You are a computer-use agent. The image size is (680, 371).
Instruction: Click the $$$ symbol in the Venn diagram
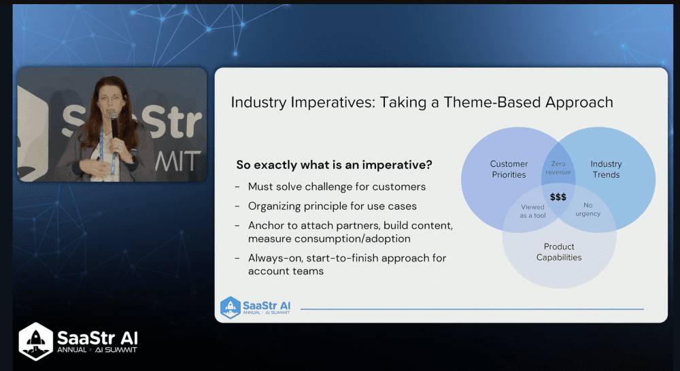click(x=558, y=197)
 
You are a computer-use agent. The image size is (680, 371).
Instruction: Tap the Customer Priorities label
click(x=509, y=170)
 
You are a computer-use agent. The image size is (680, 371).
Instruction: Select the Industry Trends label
click(x=606, y=170)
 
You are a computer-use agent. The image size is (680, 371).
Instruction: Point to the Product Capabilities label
click(x=559, y=252)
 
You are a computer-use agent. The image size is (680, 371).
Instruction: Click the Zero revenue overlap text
click(x=558, y=168)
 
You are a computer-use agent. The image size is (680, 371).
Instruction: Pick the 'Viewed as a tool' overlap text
click(x=532, y=211)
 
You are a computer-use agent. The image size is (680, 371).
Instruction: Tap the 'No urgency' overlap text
click(x=588, y=209)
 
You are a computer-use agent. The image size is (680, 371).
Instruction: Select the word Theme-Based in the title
click(x=492, y=102)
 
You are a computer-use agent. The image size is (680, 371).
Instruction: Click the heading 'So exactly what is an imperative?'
click(x=335, y=165)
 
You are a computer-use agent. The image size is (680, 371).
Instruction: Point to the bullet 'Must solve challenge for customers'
click(x=337, y=187)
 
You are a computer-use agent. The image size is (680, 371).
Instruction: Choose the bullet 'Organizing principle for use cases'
click(x=333, y=206)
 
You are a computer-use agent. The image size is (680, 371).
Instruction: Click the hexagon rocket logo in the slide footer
click(x=231, y=307)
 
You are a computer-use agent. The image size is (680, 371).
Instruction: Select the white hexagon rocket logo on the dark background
click(x=36, y=342)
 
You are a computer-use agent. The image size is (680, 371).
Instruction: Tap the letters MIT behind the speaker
click(x=177, y=161)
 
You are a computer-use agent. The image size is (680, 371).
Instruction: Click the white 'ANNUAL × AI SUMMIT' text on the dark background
click(x=97, y=350)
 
